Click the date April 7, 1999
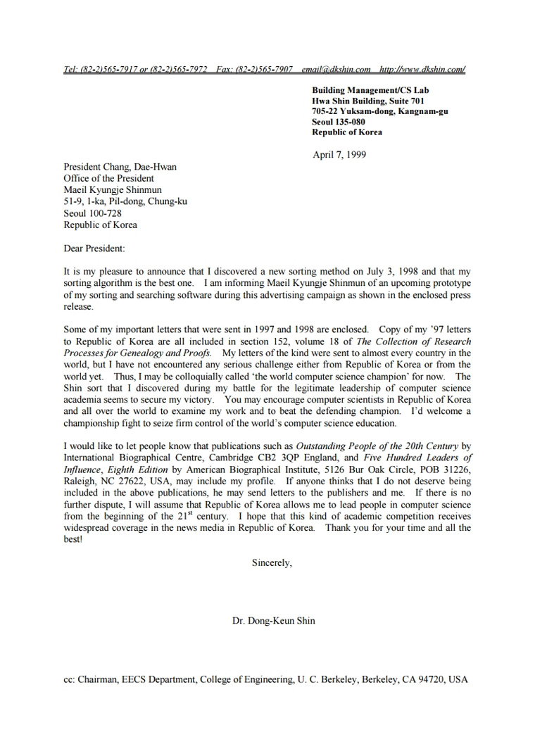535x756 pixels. click(x=339, y=155)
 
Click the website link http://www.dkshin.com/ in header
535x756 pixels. click(x=422, y=69)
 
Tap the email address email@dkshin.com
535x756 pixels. click(x=336, y=69)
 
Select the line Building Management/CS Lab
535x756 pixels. click(x=370, y=90)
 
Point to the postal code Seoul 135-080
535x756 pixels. click(x=339, y=122)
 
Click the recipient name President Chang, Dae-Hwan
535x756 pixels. click(x=120, y=167)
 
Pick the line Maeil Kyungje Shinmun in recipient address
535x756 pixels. click(x=113, y=190)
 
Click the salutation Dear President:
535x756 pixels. click(x=94, y=248)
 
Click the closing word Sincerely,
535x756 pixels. click(x=271, y=563)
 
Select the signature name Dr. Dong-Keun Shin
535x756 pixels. click(x=273, y=621)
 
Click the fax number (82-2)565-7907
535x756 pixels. click(x=264, y=69)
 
